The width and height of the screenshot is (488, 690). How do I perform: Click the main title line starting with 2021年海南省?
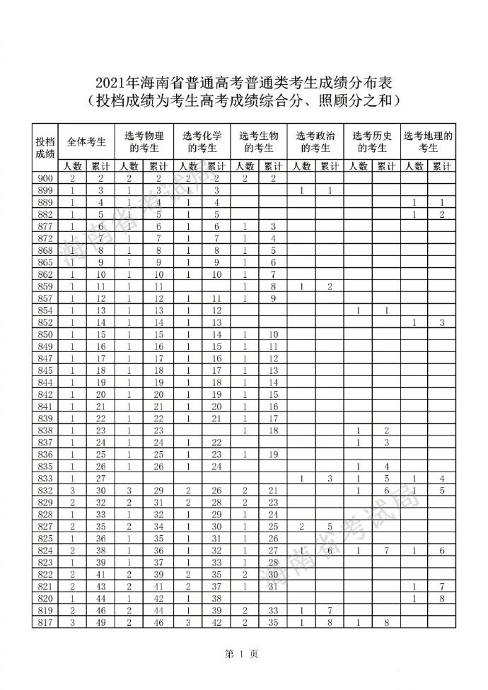point(243,83)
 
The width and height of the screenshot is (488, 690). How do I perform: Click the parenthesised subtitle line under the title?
point(243,101)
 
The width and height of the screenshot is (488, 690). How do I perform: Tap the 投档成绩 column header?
point(45,147)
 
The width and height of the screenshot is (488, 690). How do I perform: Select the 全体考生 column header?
point(86,141)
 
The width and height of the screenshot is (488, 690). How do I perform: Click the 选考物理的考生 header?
point(144,141)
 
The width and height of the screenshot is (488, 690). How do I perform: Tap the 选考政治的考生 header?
point(315,141)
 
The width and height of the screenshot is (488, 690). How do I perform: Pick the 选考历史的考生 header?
point(372,141)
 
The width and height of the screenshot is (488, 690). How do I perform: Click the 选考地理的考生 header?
point(428,141)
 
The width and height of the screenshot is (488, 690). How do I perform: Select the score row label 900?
point(45,178)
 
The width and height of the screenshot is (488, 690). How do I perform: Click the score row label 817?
point(45,621)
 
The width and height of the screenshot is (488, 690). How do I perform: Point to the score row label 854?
point(45,311)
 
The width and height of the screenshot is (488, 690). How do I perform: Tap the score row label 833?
point(45,479)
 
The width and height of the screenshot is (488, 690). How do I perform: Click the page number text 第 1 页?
point(243,653)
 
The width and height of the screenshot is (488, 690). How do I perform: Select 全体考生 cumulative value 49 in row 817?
point(100,621)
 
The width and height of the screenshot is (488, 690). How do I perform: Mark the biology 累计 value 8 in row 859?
point(272,286)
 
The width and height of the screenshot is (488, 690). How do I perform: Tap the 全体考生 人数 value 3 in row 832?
point(73,491)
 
